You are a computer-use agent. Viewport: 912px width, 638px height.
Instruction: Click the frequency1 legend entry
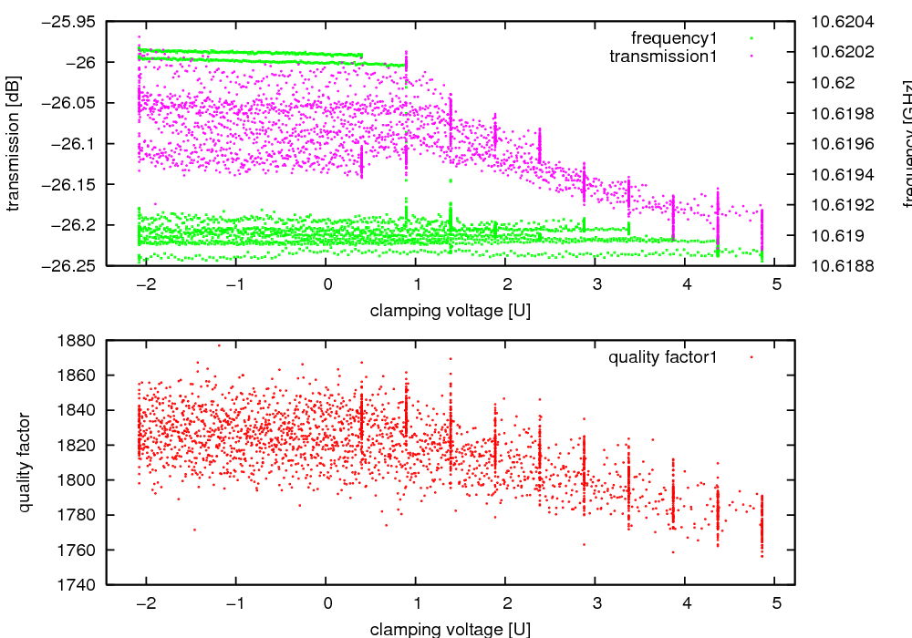click(x=673, y=38)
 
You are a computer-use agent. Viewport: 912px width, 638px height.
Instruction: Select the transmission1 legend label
click(x=663, y=57)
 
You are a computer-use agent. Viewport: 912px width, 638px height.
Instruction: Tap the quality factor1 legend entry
click(x=662, y=357)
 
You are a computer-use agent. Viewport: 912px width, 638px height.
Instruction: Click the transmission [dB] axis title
click(x=13, y=143)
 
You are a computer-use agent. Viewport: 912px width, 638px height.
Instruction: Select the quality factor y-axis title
click(x=25, y=462)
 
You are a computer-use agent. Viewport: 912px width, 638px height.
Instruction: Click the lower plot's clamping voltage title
click(x=450, y=629)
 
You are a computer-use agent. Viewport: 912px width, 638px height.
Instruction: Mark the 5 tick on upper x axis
click(x=776, y=284)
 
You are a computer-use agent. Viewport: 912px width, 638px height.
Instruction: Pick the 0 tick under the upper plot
click(x=326, y=284)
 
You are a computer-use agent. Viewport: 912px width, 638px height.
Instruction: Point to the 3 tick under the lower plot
click(x=596, y=603)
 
